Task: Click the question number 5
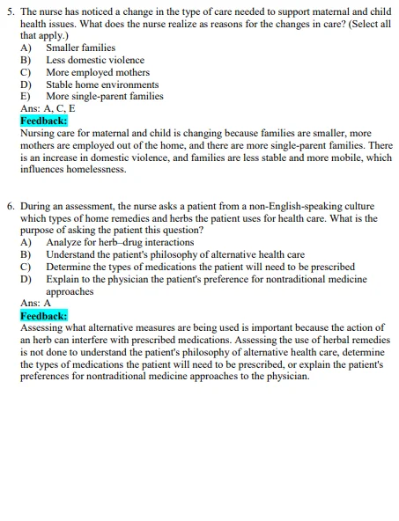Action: coord(10,11)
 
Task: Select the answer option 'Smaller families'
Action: coord(80,48)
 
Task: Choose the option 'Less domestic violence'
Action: coord(95,60)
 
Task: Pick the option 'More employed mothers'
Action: coord(98,72)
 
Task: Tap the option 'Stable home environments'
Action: coord(102,84)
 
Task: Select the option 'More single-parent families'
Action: coord(104,97)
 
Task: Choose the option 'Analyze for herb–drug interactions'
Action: coord(120,242)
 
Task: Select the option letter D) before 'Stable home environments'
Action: coord(26,84)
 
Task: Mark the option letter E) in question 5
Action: coord(26,97)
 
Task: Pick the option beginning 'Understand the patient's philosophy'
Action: coord(175,254)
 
